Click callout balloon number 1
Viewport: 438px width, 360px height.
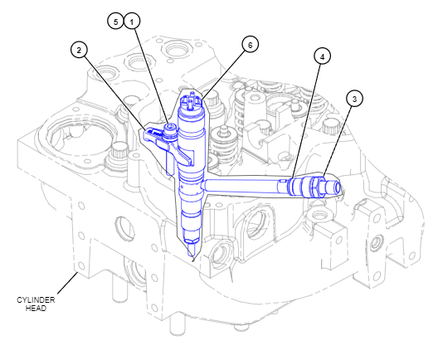click(132, 22)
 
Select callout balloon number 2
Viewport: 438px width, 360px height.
click(80, 51)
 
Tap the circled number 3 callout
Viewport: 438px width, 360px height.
click(355, 99)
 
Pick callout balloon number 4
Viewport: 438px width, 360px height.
click(323, 56)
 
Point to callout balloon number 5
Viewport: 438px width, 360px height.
click(115, 22)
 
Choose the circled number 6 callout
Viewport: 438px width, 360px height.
click(250, 45)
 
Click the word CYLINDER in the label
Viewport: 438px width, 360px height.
click(36, 300)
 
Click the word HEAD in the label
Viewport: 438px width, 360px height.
click(36, 309)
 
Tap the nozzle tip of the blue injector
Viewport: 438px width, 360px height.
click(192, 255)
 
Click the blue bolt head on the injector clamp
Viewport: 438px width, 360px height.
click(170, 129)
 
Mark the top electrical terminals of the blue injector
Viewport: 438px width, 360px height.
click(191, 100)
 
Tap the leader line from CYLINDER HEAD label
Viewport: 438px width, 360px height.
click(67, 283)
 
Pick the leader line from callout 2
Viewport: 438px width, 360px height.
click(114, 93)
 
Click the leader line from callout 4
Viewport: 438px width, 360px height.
click(306, 121)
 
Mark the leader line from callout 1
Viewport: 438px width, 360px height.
click(152, 76)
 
